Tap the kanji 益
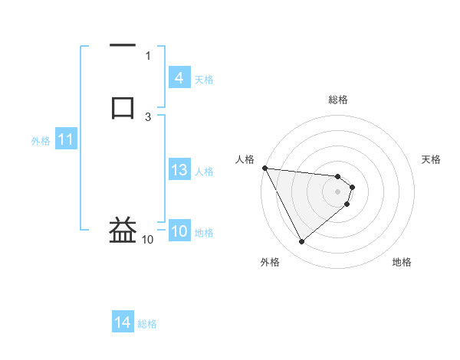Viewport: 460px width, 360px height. [x=123, y=230]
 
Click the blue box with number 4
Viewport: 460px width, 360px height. [x=179, y=78]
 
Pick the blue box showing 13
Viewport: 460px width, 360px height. [x=179, y=171]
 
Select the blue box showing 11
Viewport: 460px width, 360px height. [x=65, y=140]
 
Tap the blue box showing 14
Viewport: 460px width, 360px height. [x=122, y=323]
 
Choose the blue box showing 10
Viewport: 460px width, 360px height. [x=179, y=232]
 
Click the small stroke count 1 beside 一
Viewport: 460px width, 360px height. [x=148, y=55]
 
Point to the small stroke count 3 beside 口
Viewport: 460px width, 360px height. [x=148, y=116]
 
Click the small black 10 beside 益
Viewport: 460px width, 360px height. [x=147, y=240]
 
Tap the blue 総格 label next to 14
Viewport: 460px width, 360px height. [x=147, y=324]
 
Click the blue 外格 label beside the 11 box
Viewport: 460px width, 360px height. [x=41, y=141]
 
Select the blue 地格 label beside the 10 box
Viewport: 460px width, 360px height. [x=204, y=233]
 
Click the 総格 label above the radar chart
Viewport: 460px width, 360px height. [x=338, y=100]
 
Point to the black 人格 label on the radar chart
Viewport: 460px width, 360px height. [x=244, y=159]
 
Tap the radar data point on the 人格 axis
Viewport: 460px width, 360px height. [x=264, y=168]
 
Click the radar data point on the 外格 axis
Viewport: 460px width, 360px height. [x=301, y=242]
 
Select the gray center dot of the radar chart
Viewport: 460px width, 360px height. [x=338, y=191]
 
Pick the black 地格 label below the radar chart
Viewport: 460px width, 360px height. [x=402, y=262]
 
